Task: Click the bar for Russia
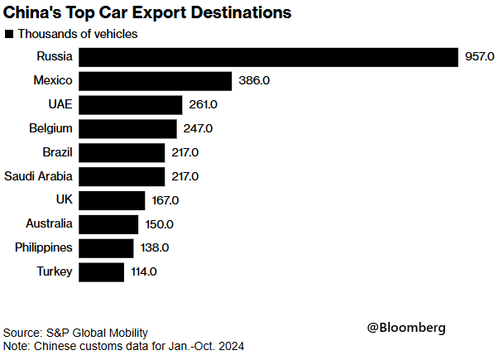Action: [270, 57]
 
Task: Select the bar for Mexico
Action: [156, 81]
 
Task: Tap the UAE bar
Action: [132, 105]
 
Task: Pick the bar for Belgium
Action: [129, 129]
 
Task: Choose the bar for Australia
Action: [110, 224]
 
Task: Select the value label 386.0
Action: [252, 81]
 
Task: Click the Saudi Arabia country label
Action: [38, 176]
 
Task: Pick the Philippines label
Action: [44, 247]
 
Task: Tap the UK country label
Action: [63, 200]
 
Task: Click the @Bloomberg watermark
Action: [405, 328]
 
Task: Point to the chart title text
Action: [147, 13]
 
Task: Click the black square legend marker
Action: [9, 35]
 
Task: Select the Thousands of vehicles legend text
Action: [77, 35]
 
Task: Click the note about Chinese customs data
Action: [123, 345]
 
